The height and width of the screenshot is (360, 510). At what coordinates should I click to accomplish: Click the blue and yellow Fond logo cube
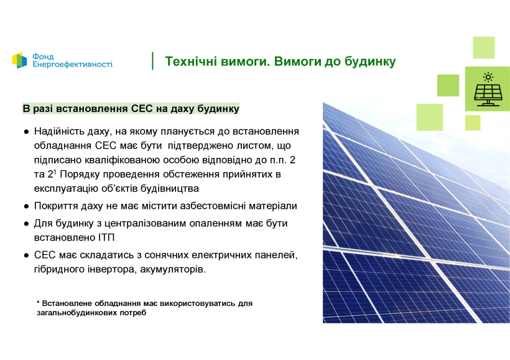(19, 60)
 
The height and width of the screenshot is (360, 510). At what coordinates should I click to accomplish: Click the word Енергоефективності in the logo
(73, 64)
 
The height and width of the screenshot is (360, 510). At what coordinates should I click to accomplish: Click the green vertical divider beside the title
(152, 61)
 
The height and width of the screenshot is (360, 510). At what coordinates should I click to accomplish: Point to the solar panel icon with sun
(488, 90)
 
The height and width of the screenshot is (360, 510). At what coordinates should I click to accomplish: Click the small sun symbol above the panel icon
(488, 77)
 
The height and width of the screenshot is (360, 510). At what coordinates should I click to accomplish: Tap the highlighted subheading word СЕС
(142, 108)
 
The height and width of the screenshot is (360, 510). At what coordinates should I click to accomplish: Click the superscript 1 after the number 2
(55, 172)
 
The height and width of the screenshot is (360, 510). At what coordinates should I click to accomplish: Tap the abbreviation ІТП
(106, 238)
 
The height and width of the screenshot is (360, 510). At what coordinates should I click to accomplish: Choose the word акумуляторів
(173, 270)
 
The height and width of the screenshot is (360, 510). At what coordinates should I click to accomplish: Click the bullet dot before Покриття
(26, 206)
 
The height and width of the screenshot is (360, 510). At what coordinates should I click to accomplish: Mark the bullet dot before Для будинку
(26, 224)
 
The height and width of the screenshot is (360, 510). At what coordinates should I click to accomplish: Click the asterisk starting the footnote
(38, 302)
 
